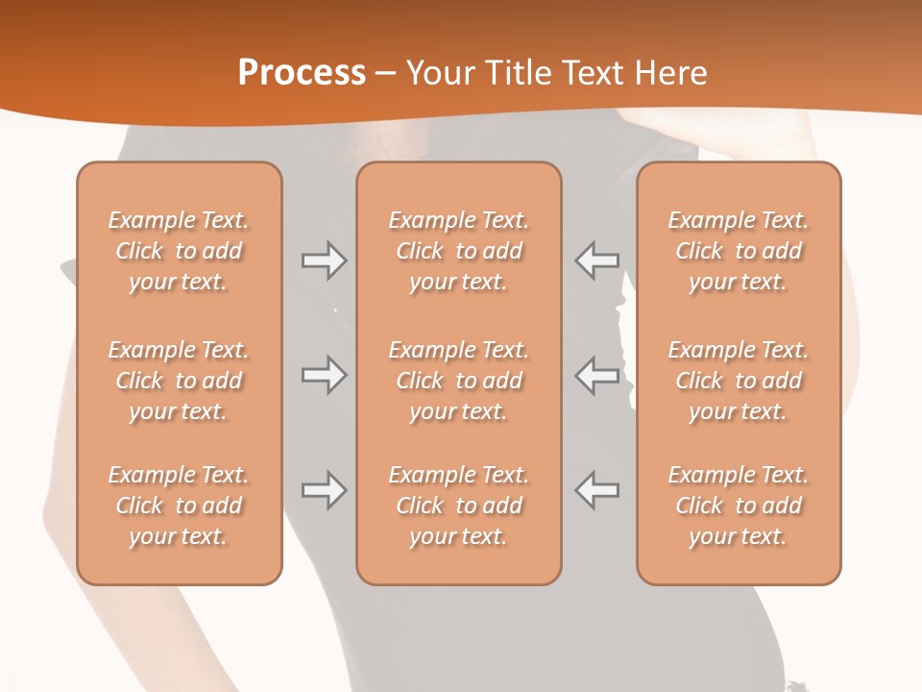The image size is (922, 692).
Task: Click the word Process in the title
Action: [x=302, y=73]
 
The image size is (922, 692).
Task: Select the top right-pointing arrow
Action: [x=324, y=260]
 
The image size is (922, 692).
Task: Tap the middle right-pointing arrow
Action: [x=324, y=375]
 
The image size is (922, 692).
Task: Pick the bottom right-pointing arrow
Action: [x=324, y=491]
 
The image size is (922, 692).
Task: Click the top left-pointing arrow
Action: [x=597, y=260]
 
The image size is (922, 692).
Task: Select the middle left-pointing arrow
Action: [x=597, y=375]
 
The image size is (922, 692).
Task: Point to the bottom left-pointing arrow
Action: [x=597, y=491]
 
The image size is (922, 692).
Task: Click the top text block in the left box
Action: [x=179, y=251]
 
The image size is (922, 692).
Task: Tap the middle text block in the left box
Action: [x=179, y=381]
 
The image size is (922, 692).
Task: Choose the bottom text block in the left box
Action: [x=179, y=506]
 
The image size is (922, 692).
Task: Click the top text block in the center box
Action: [x=458, y=251]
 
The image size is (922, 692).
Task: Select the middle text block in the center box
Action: [x=458, y=381]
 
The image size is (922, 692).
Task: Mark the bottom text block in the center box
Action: [x=458, y=506]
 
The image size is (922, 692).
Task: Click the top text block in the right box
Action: [x=739, y=251]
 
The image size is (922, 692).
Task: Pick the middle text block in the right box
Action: [x=739, y=381]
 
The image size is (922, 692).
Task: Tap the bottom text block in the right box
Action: [x=739, y=506]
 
